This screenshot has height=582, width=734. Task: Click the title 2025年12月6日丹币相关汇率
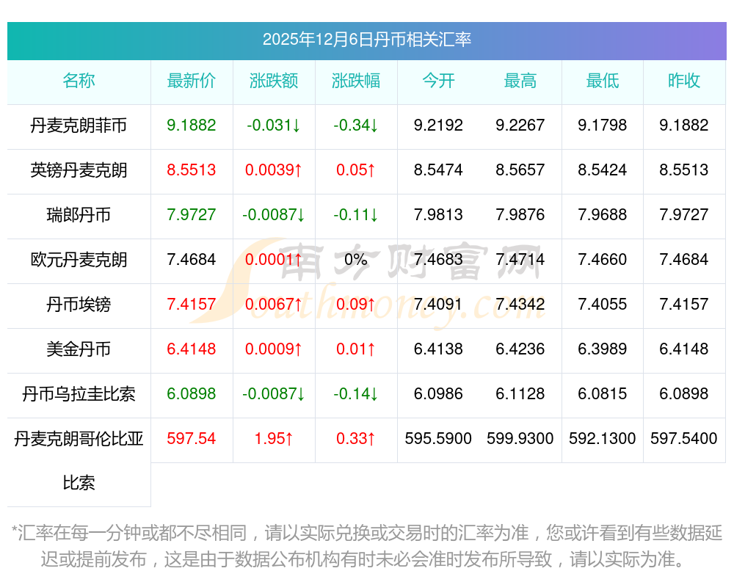click(x=366, y=40)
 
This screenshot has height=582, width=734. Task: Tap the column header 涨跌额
click(x=274, y=81)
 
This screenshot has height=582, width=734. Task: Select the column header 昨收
click(x=684, y=81)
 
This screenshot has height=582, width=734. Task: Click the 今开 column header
click(x=438, y=81)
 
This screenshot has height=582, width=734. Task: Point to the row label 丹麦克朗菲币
click(x=79, y=126)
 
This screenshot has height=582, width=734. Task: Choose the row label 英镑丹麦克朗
click(x=79, y=170)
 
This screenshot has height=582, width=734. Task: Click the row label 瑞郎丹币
click(x=79, y=215)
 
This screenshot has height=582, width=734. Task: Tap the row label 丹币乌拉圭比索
click(x=79, y=394)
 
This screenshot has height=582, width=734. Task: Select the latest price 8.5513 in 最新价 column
click(x=192, y=170)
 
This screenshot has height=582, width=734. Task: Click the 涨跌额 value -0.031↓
click(x=274, y=126)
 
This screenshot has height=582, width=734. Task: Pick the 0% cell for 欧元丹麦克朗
click(x=356, y=260)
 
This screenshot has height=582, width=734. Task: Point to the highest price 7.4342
click(x=520, y=305)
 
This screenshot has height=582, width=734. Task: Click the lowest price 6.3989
click(x=603, y=349)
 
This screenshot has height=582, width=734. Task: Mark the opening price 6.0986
click(x=438, y=394)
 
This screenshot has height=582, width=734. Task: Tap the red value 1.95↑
click(x=274, y=439)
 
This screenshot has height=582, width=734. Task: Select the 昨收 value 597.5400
click(x=684, y=439)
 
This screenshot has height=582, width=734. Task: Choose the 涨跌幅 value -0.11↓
click(x=356, y=215)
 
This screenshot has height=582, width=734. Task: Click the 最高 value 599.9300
click(x=520, y=439)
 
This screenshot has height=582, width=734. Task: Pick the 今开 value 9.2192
click(x=438, y=126)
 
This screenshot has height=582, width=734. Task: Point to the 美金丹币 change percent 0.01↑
click(x=356, y=349)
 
